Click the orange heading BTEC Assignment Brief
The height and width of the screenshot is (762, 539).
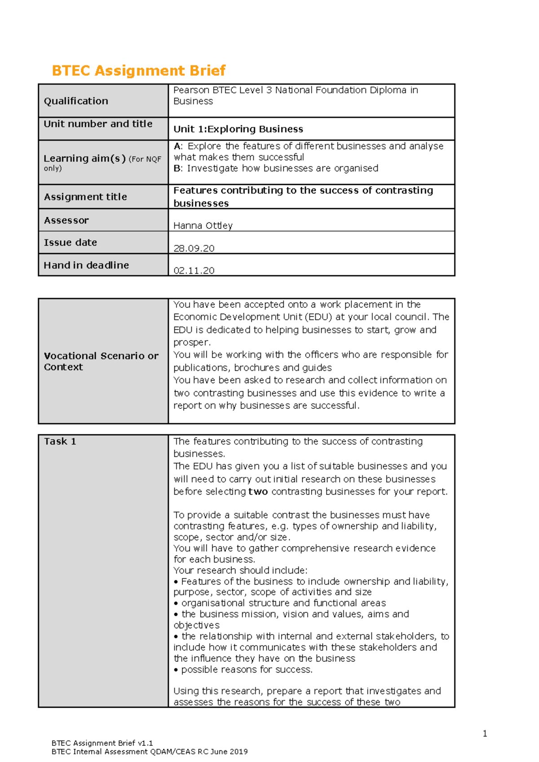click(138, 70)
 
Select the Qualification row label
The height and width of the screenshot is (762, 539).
click(76, 101)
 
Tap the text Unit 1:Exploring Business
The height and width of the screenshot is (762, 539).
click(238, 129)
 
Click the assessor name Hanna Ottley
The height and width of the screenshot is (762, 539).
click(203, 225)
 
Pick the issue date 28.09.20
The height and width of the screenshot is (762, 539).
click(194, 248)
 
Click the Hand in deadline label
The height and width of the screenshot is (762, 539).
click(86, 265)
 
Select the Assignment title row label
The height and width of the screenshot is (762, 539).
click(85, 197)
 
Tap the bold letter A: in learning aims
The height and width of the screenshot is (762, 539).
click(178, 146)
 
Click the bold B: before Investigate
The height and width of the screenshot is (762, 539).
click(178, 168)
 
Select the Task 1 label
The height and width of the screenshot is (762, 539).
click(60, 442)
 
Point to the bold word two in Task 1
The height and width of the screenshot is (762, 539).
click(258, 491)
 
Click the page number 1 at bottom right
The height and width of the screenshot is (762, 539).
click(485, 734)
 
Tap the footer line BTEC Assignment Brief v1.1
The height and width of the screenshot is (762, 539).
click(102, 743)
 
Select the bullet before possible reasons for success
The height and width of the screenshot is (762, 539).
click(176, 670)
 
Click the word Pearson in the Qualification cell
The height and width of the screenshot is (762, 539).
click(191, 90)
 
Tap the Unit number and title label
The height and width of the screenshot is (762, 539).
click(98, 124)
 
